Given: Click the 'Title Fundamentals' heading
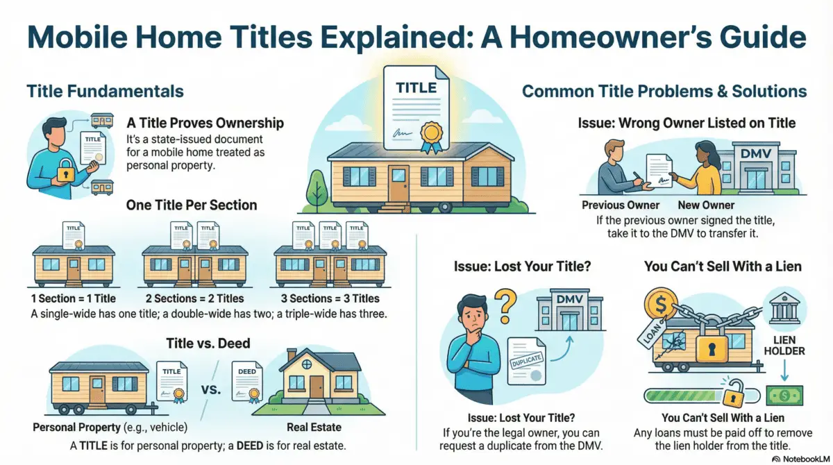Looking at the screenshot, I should pos(105,91).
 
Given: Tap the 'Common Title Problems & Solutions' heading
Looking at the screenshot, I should pos(664,91).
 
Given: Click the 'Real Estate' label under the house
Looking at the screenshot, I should pos(314,428).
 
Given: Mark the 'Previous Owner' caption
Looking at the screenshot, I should pos(619,205).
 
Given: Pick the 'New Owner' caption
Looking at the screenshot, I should pos(704,205).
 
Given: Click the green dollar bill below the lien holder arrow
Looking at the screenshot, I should pos(783,396).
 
